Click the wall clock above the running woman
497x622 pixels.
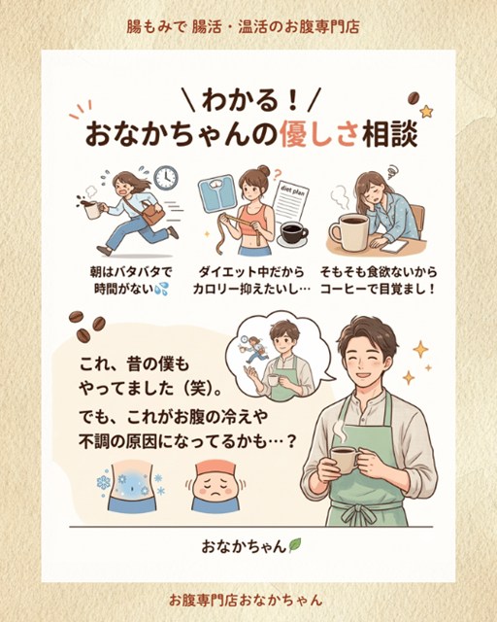(166, 178)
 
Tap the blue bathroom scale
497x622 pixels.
(215, 194)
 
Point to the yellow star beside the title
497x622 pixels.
(426, 112)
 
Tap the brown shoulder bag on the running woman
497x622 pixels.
(153, 215)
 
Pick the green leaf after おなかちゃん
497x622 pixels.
(295, 545)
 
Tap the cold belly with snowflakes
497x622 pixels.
(131, 486)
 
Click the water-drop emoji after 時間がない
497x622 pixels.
(162, 289)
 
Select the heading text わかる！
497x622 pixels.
(249, 100)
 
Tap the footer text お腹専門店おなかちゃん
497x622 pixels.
(246, 600)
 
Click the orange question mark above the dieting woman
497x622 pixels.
(278, 173)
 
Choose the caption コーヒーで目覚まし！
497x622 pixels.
(378, 289)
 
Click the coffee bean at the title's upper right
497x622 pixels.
(414, 97)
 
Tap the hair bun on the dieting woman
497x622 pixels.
(263, 171)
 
